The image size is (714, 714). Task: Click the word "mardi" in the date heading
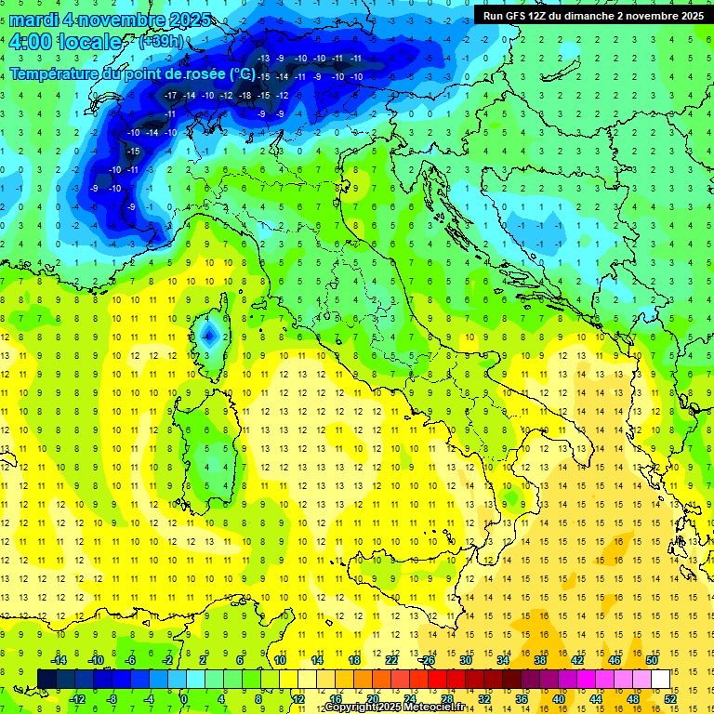[x=36, y=20]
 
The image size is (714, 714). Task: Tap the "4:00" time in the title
[x=33, y=42]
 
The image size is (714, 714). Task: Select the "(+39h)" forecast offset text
[x=160, y=41]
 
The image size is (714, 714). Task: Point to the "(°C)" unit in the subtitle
[x=240, y=73]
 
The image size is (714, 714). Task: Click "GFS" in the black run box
[x=515, y=15]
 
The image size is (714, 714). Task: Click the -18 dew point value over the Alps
[x=245, y=95]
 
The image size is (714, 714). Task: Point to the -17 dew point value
[x=170, y=95]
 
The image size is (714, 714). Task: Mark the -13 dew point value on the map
[x=263, y=59]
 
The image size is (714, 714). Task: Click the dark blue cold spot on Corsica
[x=209, y=334]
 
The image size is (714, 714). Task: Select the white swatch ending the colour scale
[x=660, y=679]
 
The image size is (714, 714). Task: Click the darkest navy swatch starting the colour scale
[x=46, y=679]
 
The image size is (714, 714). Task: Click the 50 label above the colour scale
[x=653, y=659]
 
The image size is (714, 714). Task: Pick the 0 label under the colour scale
[x=184, y=698]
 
